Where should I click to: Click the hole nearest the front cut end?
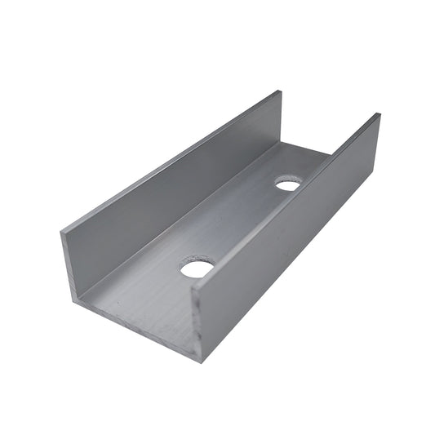[197, 268]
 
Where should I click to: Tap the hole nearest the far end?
[287, 184]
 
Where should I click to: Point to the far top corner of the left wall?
[282, 91]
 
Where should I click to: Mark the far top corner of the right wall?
[379, 114]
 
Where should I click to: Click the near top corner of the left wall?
[61, 235]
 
